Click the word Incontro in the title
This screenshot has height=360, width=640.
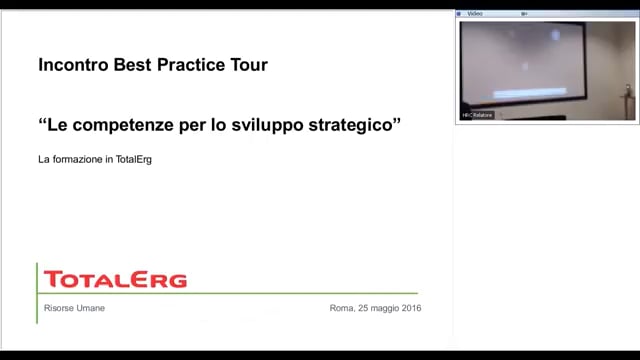pos(69,66)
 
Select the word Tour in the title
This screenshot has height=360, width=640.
pos(248,66)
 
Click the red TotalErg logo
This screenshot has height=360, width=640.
pos(115,279)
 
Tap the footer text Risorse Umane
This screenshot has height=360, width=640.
pos(74,308)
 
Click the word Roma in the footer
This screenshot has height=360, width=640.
pos(341,308)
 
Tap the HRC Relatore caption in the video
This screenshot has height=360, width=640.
pos(478,115)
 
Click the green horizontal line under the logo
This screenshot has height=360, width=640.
pos(230,294)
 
